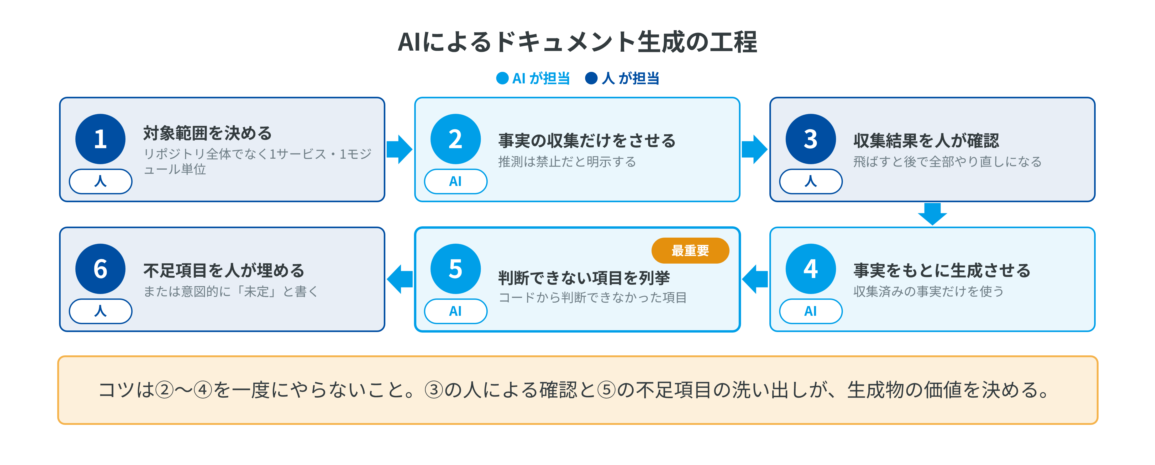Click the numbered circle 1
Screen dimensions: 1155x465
pos(101,139)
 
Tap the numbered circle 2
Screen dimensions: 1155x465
pos(455,139)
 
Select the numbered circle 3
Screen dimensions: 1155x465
pos(811,139)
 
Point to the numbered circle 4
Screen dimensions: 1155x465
pos(811,269)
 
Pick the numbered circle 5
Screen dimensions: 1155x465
pos(455,269)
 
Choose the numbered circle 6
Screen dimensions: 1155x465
pos(101,269)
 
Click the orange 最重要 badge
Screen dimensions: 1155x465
pos(690,250)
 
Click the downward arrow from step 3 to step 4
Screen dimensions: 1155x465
pos(933,214)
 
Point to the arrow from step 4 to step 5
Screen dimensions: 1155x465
pos(755,279)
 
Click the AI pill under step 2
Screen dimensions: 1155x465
pos(455,181)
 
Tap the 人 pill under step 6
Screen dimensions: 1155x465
pos(101,311)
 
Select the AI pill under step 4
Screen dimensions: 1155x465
pos(811,311)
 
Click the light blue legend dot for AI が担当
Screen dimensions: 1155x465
pos(502,78)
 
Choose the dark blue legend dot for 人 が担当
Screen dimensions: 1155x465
pos(591,78)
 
